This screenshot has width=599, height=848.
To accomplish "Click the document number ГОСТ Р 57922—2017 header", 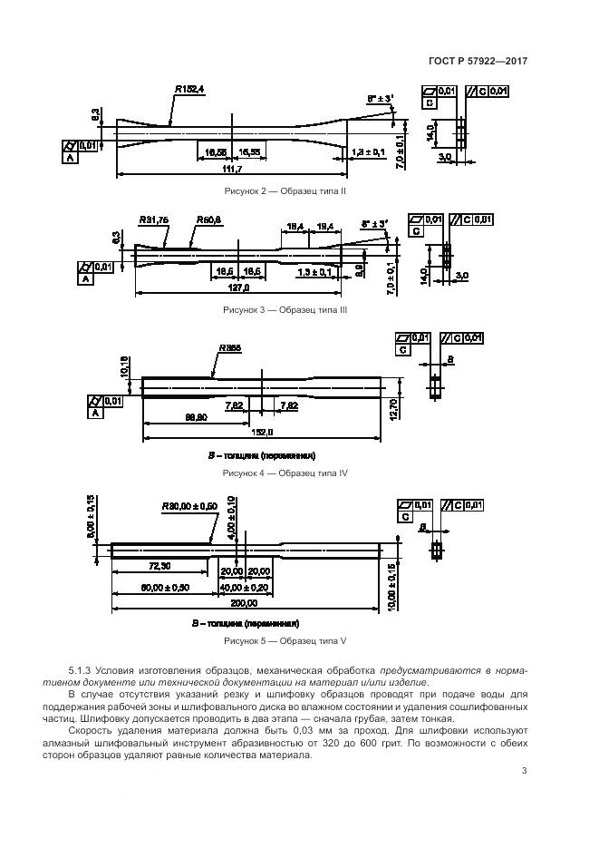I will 478,62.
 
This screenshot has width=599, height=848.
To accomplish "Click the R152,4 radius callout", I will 188,90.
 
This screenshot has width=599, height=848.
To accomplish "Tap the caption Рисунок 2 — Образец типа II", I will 285,191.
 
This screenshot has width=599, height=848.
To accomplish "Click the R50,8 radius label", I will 208,220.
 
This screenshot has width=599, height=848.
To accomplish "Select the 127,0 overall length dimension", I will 239,288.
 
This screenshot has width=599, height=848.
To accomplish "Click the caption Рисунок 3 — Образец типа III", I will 285,310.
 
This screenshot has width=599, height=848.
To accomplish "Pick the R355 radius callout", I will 228,348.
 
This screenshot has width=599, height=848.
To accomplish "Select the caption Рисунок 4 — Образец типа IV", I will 285,473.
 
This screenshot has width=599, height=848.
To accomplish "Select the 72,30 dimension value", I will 159,567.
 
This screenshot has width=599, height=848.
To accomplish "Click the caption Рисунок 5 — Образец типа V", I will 285,641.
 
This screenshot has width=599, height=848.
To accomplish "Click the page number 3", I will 525,771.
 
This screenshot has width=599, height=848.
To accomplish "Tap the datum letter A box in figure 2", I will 70,158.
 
